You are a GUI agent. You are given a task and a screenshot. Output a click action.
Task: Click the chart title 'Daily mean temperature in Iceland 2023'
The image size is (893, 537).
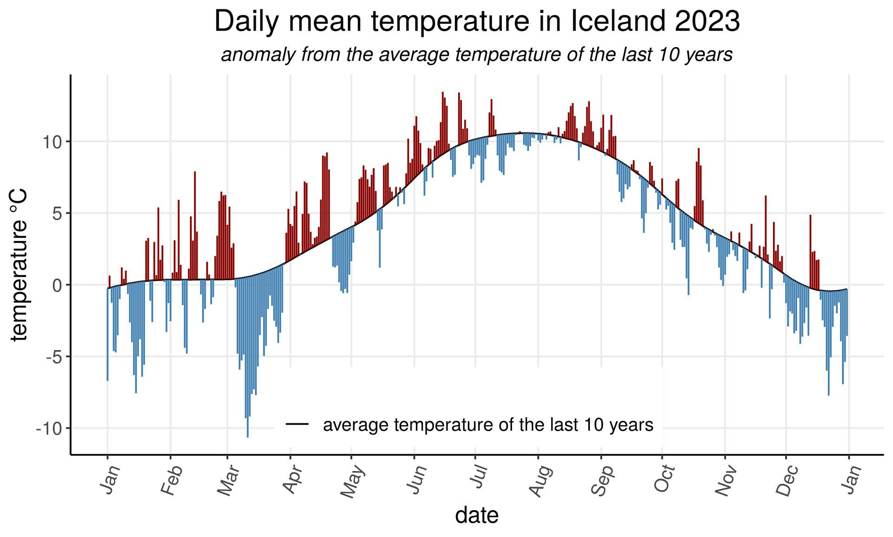coord(477,21)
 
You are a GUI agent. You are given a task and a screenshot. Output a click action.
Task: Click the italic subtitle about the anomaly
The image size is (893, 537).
coord(477,55)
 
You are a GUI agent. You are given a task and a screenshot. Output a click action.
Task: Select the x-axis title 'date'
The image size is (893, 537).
coord(477,515)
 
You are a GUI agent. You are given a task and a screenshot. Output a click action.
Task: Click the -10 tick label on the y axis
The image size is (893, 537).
coord(49,429)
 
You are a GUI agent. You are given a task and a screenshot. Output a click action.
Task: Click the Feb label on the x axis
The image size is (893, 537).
coord(171,481)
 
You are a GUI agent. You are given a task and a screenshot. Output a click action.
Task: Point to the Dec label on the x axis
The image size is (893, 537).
coord(787,481)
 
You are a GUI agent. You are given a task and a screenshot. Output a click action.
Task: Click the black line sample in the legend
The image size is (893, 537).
coord(298,424)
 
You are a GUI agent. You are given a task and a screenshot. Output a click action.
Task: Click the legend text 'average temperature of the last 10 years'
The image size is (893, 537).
coord(488,425)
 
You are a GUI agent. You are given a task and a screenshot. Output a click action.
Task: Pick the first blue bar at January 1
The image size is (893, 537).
coord(107,335)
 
